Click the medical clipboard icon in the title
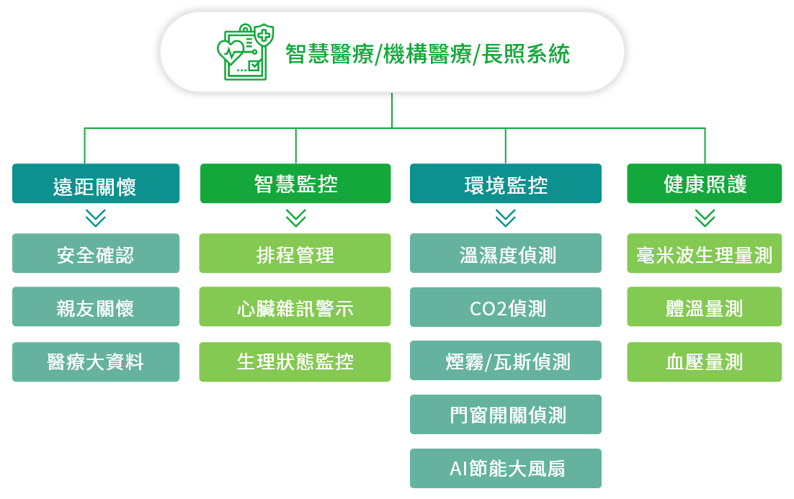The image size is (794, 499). coord(246,52)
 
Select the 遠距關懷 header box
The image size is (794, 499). coord(96,183)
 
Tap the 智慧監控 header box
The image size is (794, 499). coord(295,183)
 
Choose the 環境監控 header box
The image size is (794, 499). coord(505,183)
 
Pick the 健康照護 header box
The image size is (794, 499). coord(705,183)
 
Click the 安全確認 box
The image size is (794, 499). coord(96,253)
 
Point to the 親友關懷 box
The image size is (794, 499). coord(96,307)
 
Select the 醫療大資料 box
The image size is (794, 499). coord(96,362)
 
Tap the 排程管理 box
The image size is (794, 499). coord(295,253)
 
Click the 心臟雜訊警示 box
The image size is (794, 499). coord(295,307)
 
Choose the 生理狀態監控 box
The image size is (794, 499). coord(295,362)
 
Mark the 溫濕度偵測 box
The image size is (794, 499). coord(505,253)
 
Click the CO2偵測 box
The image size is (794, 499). coord(505,307)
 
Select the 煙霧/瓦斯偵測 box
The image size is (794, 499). coord(505,360)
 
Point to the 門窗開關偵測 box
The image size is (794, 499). coord(505,415)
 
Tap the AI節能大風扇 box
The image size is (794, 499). coord(505,469)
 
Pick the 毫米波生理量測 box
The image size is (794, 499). coord(705,253)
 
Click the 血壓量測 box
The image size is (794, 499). coord(705,362)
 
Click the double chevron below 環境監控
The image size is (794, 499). coord(505,218)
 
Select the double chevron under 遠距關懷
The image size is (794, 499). coord(96,218)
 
